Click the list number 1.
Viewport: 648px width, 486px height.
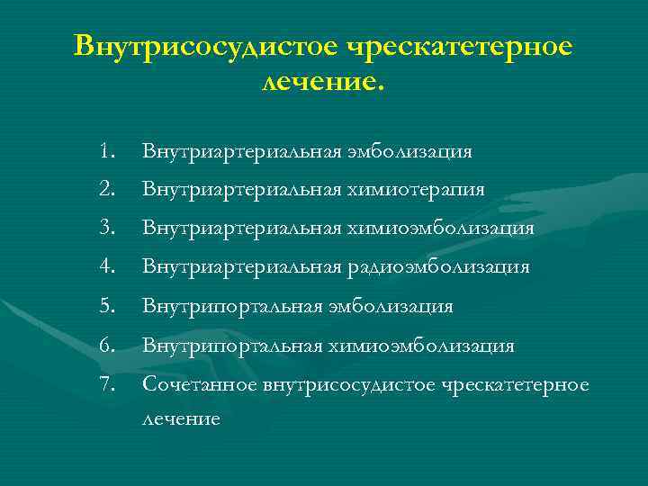108,150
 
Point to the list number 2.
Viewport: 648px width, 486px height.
108,189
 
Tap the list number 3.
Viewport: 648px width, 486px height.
108,229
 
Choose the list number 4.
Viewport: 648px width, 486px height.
108,267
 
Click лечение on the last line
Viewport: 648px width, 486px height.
180,419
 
